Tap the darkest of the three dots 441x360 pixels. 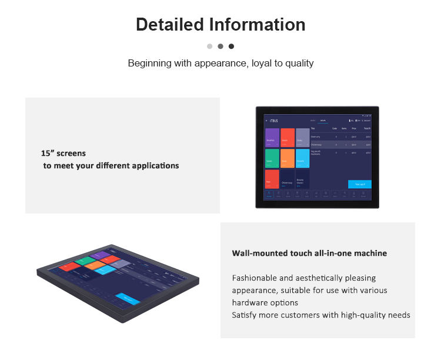click(231, 46)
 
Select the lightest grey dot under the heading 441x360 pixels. click(209, 46)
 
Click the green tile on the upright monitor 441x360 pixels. click(272, 158)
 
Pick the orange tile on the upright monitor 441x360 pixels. click(287, 158)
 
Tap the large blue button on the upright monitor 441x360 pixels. click(359, 184)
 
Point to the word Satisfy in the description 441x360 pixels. click(244, 315)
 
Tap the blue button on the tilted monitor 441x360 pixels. click(127, 299)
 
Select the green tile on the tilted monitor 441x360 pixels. click(85, 259)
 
